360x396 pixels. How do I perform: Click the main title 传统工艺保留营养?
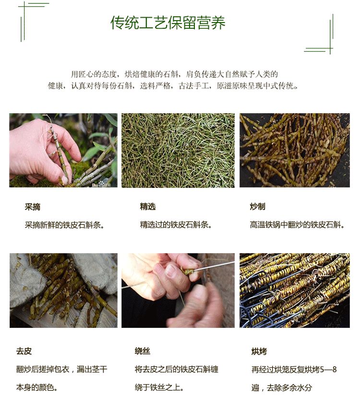click(168, 23)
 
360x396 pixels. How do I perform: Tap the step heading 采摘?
click(32, 207)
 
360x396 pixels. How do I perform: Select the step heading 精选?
click(148, 206)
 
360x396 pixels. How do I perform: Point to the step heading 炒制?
click(257, 206)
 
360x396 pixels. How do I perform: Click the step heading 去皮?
click(24, 351)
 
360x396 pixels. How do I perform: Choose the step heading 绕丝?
click(143, 351)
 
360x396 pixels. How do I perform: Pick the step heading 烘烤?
click(259, 351)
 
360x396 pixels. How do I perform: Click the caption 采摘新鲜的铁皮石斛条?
click(64, 225)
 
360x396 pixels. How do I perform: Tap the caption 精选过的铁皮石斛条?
click(176, 224)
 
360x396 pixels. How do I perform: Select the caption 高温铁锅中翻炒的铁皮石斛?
click(297, 224)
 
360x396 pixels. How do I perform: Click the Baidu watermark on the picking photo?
click(101, 184)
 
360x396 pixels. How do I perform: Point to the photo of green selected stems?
click(178, 150)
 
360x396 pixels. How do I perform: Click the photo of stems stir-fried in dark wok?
click(295, 150)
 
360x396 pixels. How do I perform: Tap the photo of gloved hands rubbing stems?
click(63, 291)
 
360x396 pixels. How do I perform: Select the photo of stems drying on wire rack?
click(295, 291)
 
